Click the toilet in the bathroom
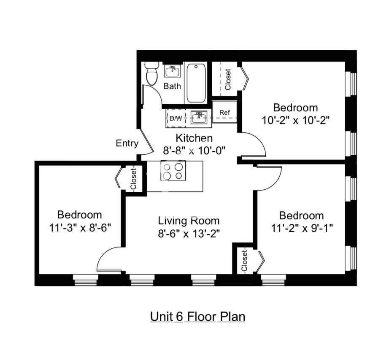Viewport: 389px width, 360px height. [151, 74]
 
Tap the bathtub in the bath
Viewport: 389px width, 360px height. [196, 83]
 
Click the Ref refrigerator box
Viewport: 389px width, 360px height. [224, 113]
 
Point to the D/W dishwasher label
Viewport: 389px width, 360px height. [176, 118]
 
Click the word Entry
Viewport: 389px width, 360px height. [127, 143]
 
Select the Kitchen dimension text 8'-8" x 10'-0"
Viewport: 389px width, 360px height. [194, 150]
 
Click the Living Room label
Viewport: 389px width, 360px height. [189, 220]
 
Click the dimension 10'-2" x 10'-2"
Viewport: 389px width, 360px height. [295, 120]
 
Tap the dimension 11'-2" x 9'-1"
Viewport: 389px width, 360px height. [302, 228]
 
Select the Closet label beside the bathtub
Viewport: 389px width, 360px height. [228, 79]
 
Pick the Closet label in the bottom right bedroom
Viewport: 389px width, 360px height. [244, 260]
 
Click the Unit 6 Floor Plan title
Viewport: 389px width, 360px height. [197, 316]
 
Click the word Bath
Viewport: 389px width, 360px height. [172, 86]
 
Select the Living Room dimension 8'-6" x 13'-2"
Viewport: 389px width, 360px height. [189, 233]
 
